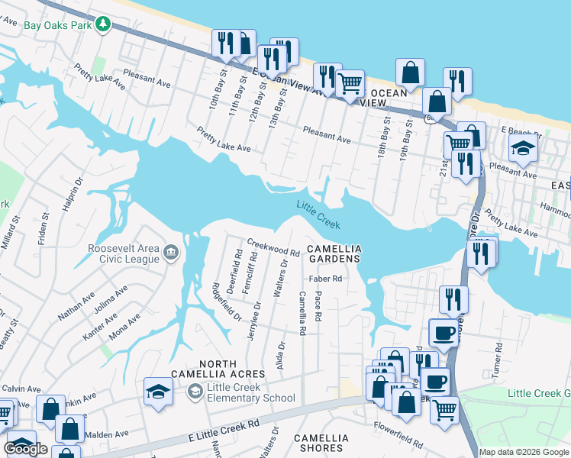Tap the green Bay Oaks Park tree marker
[x=102, y=24]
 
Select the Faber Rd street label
[x=326, y=279]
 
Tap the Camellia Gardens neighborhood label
[x=333, y=254]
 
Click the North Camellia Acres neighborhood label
[x=232, y=369]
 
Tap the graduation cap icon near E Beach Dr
[x=524, y=148]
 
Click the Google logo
[x=26, y=449]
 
